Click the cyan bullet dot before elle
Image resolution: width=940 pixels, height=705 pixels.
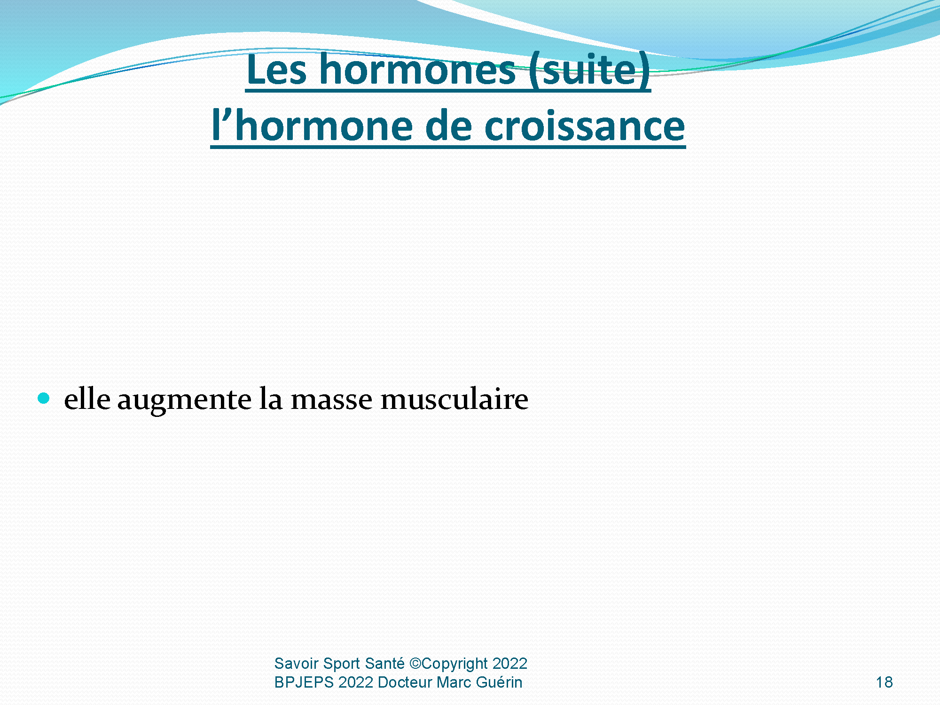[x=44, y=399]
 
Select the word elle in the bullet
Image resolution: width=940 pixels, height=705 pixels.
[x=87, y=399]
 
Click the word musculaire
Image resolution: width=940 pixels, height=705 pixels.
[x=454, y=399]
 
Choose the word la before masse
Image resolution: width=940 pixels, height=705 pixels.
[x=271, y=399]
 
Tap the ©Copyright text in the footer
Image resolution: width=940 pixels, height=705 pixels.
[x=449, y=664]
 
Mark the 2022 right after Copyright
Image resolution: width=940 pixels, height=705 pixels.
[x=510, y=663]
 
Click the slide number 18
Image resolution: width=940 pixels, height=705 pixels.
[x=884, y=682]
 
